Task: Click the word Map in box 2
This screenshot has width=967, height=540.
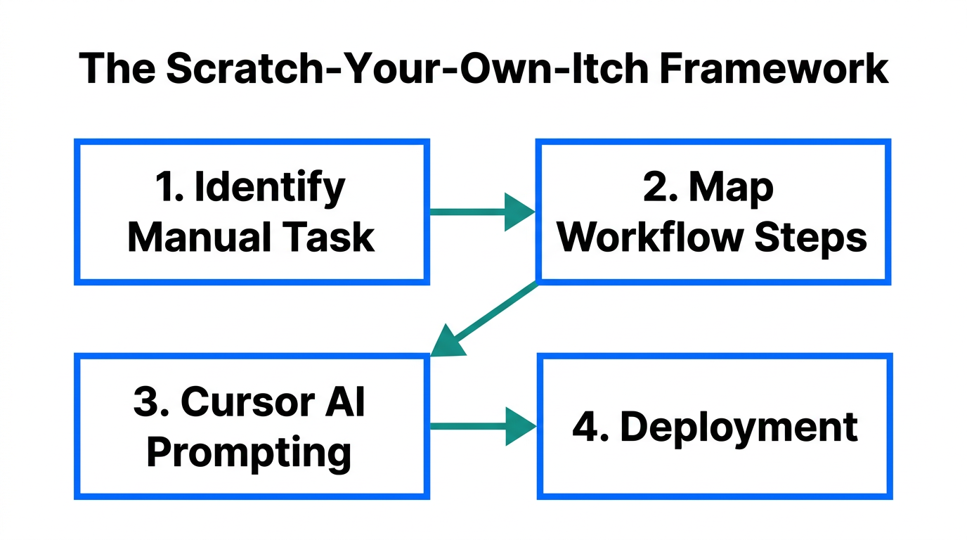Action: [x=731, y=188]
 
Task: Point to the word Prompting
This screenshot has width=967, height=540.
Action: [x=249, y=452]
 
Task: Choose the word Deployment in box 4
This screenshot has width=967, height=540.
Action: [x=739, y=427]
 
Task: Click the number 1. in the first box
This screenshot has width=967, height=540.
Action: [x=167, y=188]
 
